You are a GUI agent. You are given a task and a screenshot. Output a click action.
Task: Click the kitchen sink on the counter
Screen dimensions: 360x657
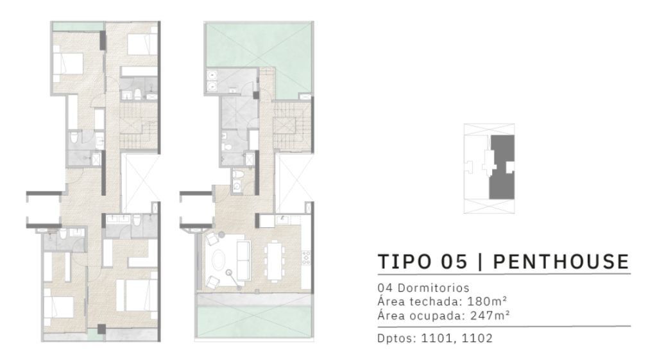click(282, 220)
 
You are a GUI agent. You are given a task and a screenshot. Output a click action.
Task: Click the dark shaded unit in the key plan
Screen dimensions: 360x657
click(502, 166)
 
